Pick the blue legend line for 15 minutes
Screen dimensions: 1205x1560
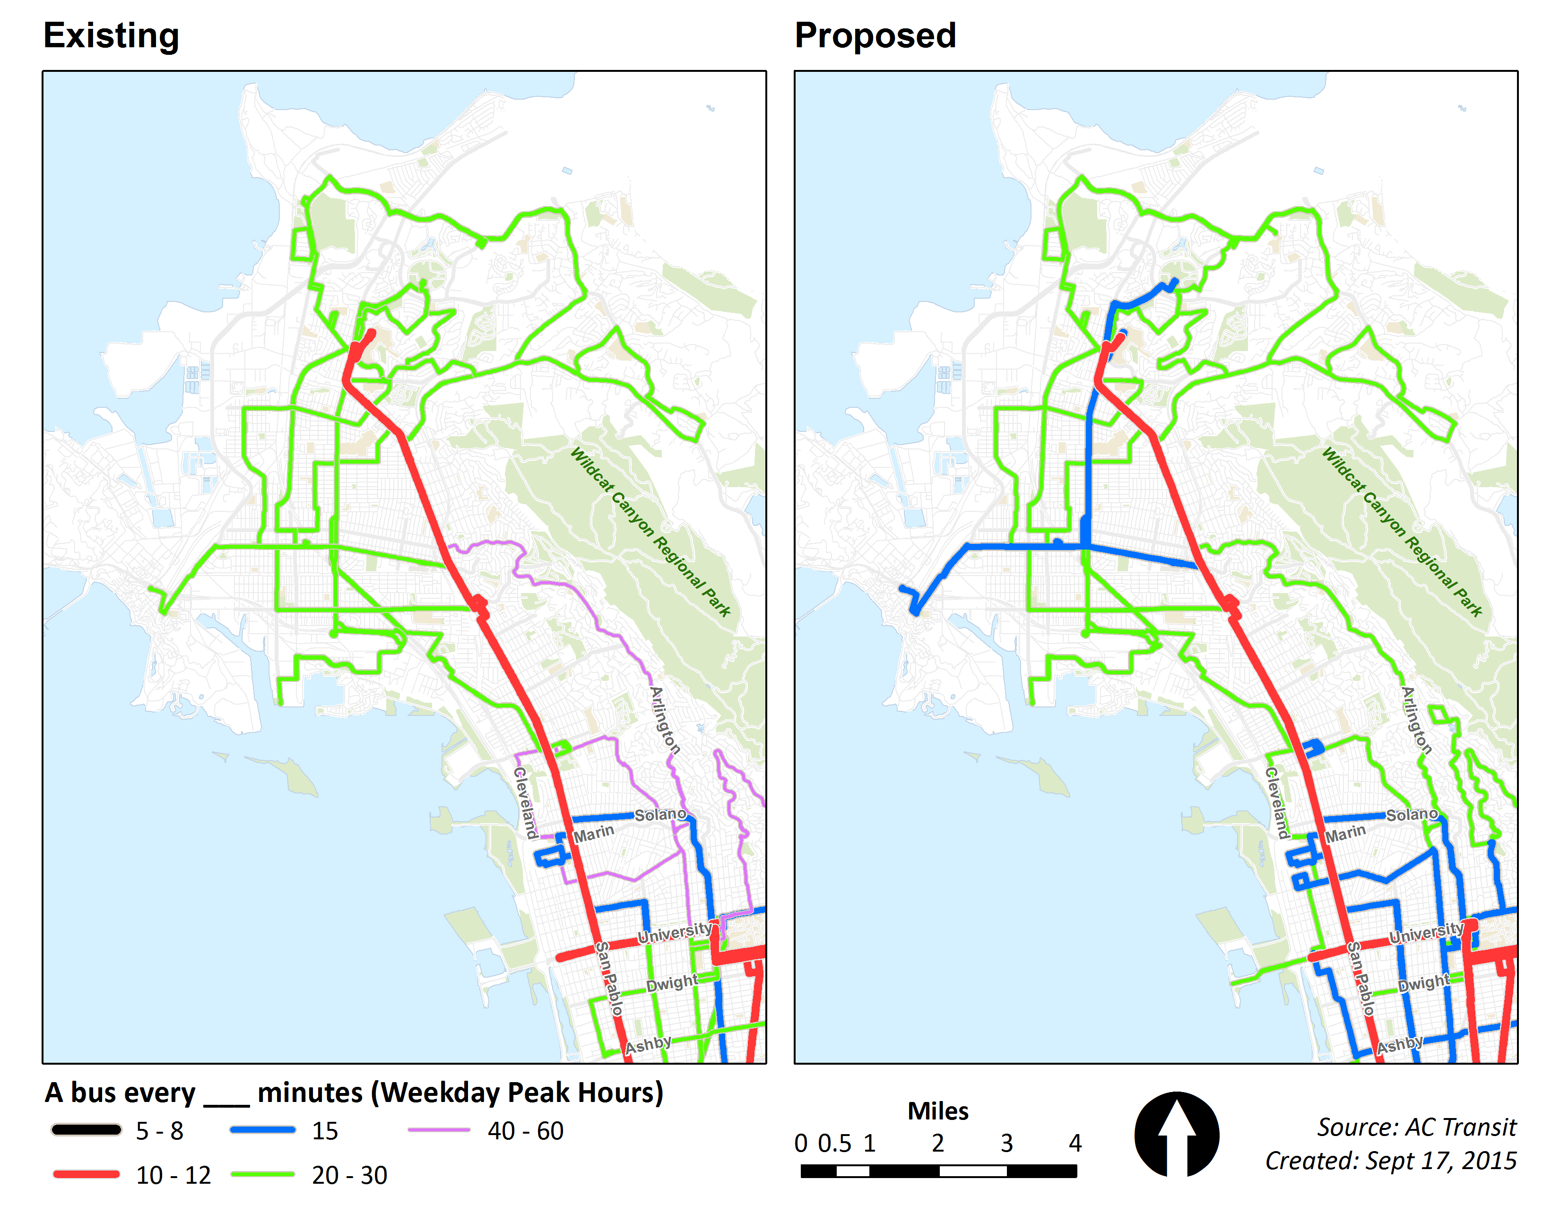pyautogui.click(x=262, y=1129)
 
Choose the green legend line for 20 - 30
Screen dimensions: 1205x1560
pyautogui.click(x=262, y=1174)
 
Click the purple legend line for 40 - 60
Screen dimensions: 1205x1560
pyautogui.click(x=439, y=1129)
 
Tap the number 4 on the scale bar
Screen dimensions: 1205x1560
pyautogui.click(x=1075, y=1143)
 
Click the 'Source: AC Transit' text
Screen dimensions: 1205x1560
pyautogui.click(x=1416, y=1127)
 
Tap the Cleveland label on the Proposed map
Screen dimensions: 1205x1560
pyautogui.click(x=1276, y=803)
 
